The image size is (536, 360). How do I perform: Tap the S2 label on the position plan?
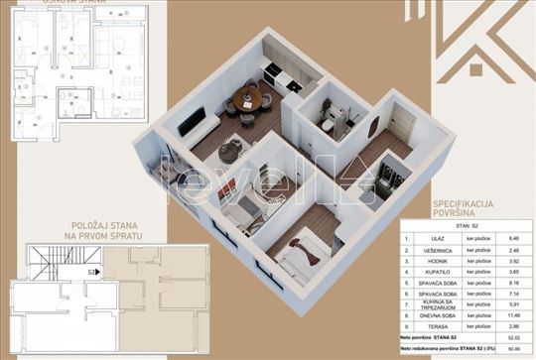tap(91, 270)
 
